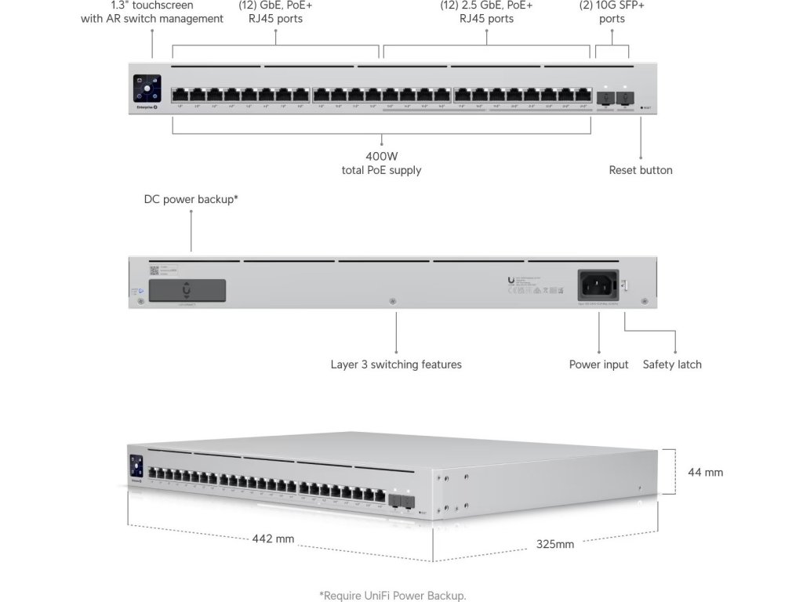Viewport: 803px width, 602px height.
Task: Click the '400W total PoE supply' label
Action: tap(381, 163)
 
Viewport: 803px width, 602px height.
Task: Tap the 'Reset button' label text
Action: tap(641, 170)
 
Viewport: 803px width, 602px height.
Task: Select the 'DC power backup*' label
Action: tap(191, 199)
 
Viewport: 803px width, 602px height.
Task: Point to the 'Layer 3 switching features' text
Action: tap(396, 364)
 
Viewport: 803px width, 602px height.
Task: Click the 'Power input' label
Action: tap(598, 364)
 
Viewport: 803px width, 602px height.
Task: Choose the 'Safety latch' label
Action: tap(672, 364)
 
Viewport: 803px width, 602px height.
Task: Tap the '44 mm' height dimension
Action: tap(705, 472)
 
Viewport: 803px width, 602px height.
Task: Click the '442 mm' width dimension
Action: tap(274, 539)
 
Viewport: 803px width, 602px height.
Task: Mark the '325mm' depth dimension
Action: tap(555, 543)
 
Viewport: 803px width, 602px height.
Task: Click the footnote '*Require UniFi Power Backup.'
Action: tap(398, 596)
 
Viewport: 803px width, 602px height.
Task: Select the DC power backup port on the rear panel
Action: tap(187, 290)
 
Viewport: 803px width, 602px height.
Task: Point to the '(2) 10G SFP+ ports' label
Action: tap(612, 12)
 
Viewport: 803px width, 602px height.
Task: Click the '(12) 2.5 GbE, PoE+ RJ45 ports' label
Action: tap(486, 12)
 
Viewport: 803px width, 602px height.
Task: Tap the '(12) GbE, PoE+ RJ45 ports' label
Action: tap(271, 12)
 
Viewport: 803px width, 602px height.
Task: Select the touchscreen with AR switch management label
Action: tap(152, 12)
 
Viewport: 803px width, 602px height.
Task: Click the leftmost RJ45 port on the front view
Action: tap(180, 96)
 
